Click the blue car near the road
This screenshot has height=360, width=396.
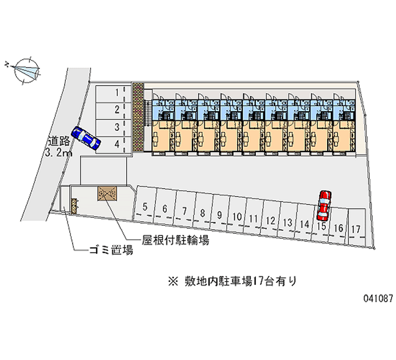86,138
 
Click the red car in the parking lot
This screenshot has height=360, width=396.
324,205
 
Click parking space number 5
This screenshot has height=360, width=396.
145,207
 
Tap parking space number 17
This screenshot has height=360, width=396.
355,229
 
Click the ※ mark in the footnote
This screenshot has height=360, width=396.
172,282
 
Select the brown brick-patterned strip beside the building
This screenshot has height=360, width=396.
138,117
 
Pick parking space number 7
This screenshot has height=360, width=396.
184,211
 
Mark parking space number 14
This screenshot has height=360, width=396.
304,224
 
